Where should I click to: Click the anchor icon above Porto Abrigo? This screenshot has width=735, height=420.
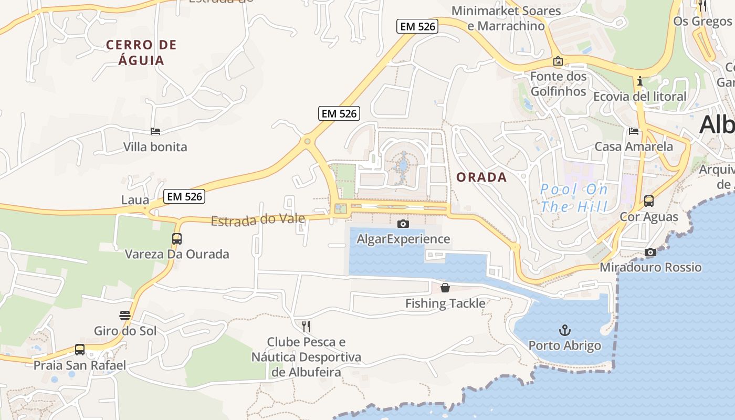[565, 330]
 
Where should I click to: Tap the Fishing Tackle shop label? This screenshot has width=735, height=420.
[445, 303]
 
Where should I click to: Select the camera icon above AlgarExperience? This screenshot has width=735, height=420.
[403, 224]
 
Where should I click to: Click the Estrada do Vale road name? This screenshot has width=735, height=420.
[258, 220]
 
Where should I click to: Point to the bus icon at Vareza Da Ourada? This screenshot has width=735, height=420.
[177, 239]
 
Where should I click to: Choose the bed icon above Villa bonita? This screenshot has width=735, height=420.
[155, 131]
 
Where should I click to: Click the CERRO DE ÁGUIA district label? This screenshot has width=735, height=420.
[142, 52]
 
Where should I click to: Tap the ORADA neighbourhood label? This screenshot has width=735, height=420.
[481, 177]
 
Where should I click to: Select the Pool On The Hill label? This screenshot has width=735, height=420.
[574, 198]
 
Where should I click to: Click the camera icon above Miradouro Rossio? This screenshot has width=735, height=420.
[650, 253]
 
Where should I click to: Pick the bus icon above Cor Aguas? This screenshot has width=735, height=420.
[649, 201]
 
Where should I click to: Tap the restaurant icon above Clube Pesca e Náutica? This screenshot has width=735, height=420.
[306, 327]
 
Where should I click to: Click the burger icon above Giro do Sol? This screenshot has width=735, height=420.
[125, 316]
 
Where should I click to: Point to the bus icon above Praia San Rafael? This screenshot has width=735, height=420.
[80, 350]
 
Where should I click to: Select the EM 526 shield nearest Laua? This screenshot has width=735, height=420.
[184, 197]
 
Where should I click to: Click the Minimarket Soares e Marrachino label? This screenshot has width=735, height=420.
[506, 18]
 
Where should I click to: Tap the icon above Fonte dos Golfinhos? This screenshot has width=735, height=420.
[558, 61]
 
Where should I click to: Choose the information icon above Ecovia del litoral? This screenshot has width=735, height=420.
[639, 81]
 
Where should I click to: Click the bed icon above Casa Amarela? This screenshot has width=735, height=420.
[634, 131]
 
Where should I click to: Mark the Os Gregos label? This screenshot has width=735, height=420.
[702, 21]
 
